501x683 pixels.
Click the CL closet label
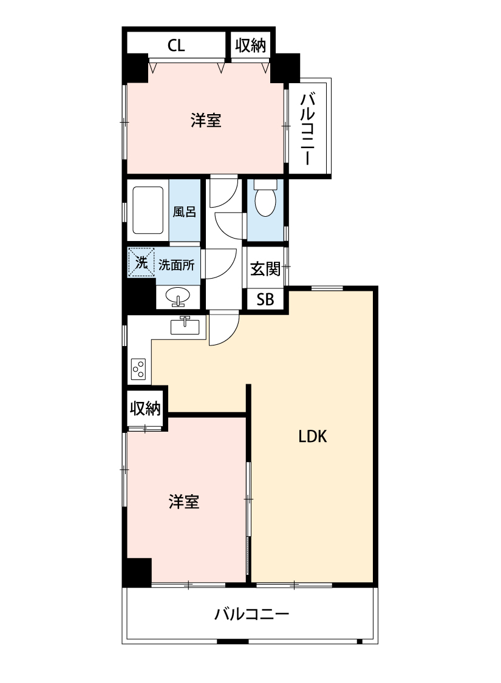(176, 46)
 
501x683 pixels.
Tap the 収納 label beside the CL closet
(250, 46)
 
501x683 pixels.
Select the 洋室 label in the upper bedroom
(206, 121)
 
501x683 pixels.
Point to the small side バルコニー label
(308, 128)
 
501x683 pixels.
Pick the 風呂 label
(184, 212)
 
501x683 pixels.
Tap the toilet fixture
(265, 200)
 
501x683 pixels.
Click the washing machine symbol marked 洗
(141, 263)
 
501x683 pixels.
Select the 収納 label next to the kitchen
(146, 407)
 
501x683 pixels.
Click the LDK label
(312, 436)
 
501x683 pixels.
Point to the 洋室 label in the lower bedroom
(184, 501)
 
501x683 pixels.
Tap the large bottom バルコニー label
(251, 614)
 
